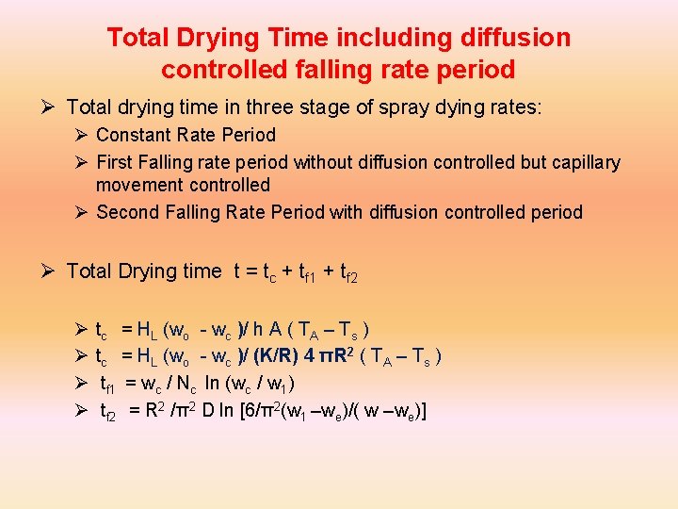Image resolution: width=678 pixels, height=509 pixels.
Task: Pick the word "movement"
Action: [140, 185]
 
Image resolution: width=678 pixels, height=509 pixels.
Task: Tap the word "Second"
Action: [126, 212]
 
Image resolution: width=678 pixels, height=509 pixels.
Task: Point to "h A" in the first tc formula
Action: [270, 329]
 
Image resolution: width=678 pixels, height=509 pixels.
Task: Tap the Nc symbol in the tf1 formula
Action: [188, 383]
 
